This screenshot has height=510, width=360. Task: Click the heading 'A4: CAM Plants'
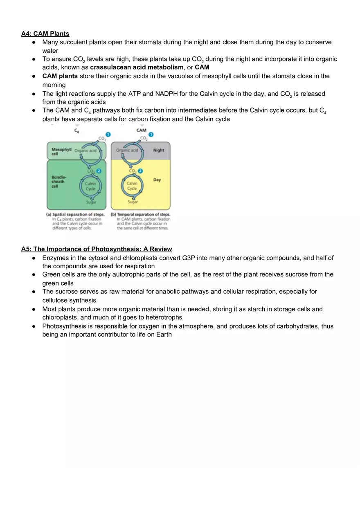point(45,34)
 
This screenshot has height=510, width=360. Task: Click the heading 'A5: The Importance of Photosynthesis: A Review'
point(97,249)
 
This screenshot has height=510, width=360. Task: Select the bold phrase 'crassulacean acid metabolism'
point(137,67)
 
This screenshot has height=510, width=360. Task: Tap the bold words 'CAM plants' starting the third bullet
point(60,76)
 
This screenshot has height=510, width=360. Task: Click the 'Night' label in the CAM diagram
point(158,151)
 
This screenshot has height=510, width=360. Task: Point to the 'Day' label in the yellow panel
point(157,180)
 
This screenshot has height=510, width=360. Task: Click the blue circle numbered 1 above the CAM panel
point(151,135)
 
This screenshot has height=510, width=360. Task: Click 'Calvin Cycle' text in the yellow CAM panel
point(132,186)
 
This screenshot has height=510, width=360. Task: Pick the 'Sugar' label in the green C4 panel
point(91,202)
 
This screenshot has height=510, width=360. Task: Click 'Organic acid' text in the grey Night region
point(127,151)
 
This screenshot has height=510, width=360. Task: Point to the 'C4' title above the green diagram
point(76,131)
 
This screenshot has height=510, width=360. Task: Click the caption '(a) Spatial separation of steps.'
point(75,214)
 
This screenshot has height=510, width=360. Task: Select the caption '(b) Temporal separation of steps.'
point(141,214)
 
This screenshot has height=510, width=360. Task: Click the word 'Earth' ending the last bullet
point(163,335)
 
